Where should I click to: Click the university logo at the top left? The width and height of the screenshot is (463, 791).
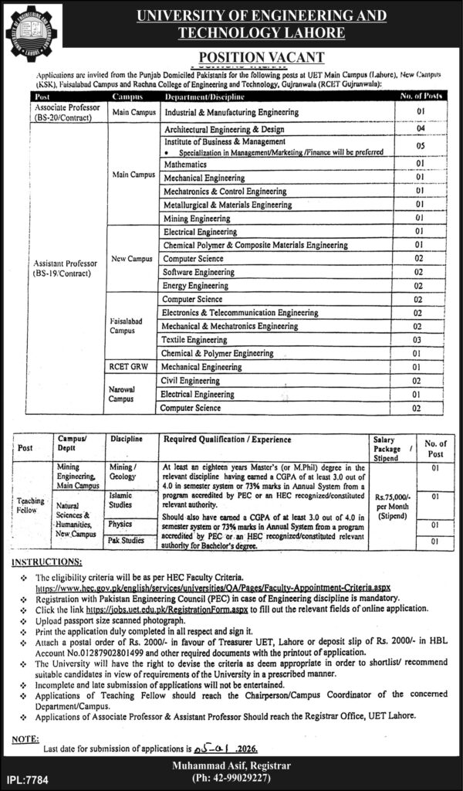[32, 32]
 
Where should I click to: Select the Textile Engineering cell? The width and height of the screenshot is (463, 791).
[195, 339]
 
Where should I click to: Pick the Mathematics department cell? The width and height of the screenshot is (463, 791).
[185, 165]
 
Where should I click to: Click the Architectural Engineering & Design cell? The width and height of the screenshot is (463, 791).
[225, 129]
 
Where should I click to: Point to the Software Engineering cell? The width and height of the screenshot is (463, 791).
[198, 272]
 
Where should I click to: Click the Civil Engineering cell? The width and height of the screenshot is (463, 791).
[192, 380]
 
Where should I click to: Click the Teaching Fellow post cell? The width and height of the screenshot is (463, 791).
[31, 505]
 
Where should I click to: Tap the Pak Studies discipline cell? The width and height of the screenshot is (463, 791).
[126, 541]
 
